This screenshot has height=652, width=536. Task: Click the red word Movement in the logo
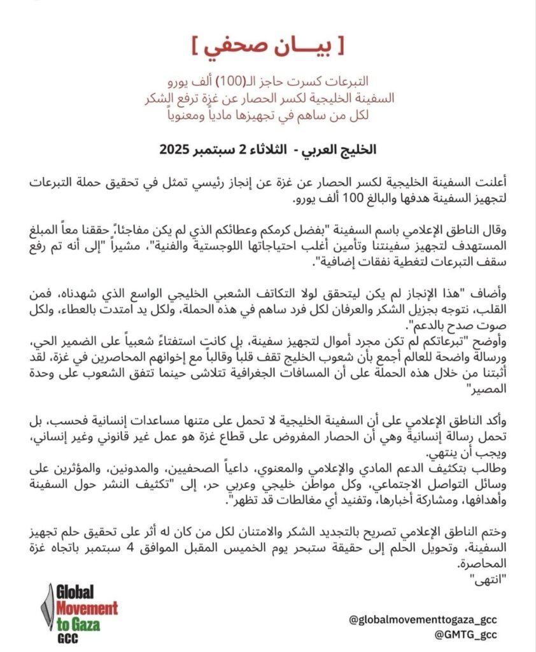click(x=86, y=606)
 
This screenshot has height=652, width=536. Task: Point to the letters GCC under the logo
click(x=67, y=637)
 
